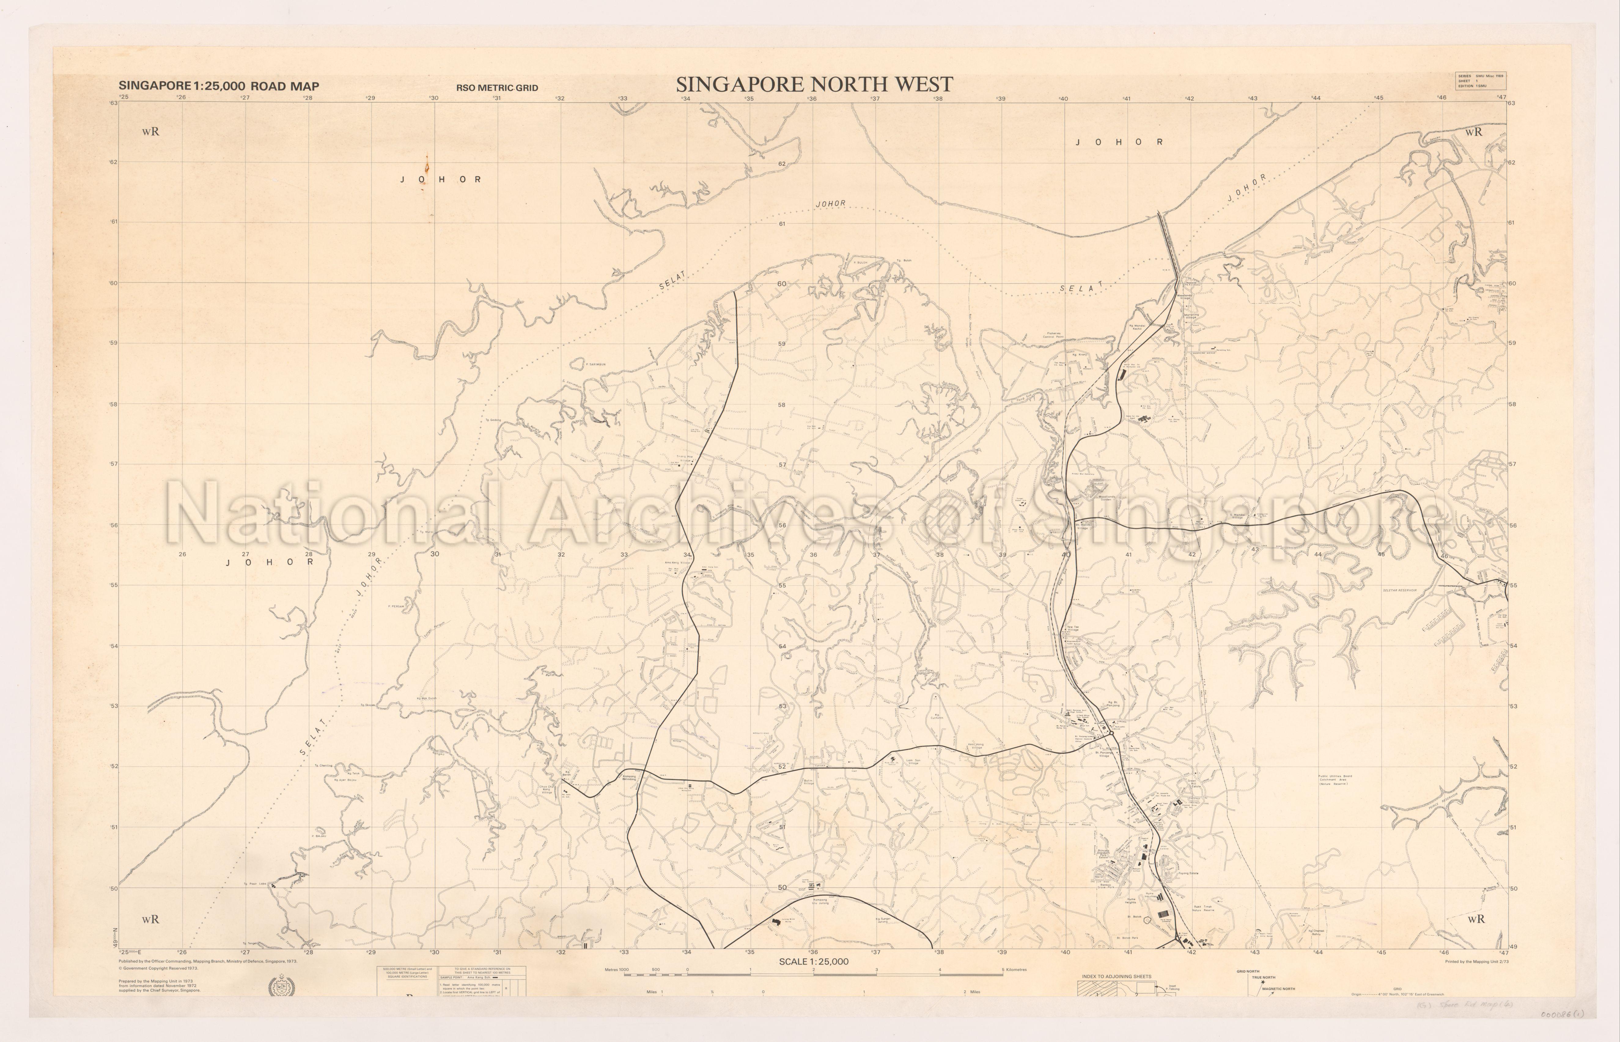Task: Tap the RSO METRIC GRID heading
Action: click(497, 88)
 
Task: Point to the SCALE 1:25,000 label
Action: click(813, 961)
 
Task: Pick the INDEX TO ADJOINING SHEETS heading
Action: click(1116, 976)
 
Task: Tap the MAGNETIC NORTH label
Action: click(1278, 989)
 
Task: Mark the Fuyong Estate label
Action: click(1188, 873)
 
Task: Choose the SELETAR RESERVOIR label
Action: click(1399, 591)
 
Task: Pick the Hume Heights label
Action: click(1131, 901)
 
